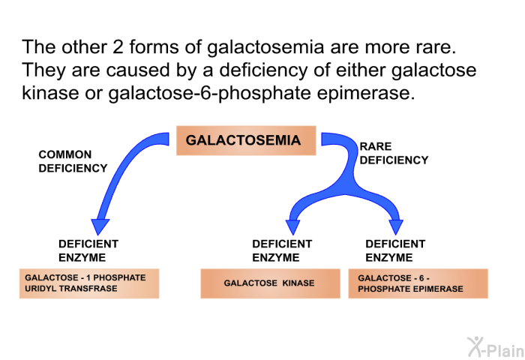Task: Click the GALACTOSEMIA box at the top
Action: [246, 140]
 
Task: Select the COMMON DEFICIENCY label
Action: [73, 161]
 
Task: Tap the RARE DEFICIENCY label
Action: [394, 154]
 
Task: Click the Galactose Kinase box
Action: [270, 283]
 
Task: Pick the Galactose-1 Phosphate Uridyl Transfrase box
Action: [89, 283]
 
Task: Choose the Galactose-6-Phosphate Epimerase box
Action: [418, 283]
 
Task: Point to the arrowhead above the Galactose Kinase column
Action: [293, 227]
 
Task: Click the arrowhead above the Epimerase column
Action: [396, 227]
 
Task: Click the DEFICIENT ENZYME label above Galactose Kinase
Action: [282, 250]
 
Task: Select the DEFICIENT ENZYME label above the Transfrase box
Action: [88, 250]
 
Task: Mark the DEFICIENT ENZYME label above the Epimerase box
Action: [395, 250]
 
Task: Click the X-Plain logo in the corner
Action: [496, 347]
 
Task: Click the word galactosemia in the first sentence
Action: [265, 47]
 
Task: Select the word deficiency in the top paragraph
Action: [263, 71]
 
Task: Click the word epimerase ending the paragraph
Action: [366, 94]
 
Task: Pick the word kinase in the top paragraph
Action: [50, 93]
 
